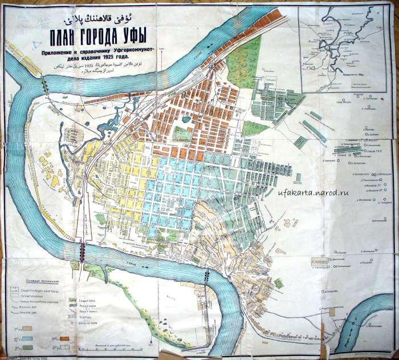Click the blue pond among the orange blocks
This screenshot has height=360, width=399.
(x=186, y=120)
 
